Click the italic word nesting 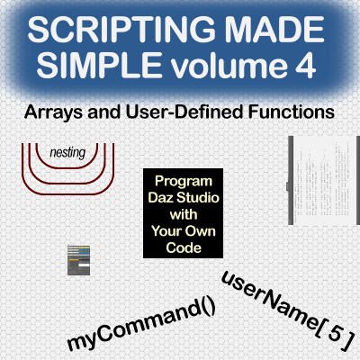(68, 152)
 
